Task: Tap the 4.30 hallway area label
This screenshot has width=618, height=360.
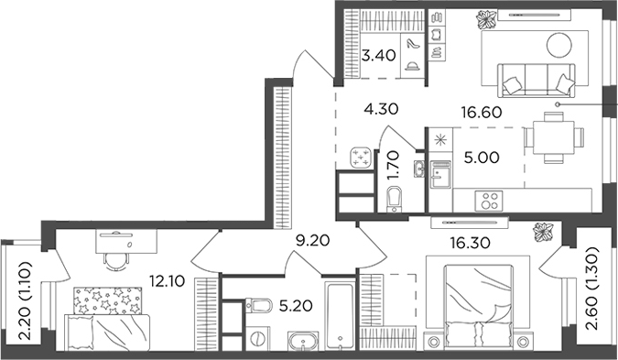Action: (382, 109)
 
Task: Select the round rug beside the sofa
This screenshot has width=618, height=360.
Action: (560, 43)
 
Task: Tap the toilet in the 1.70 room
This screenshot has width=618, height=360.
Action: (396, 197)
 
